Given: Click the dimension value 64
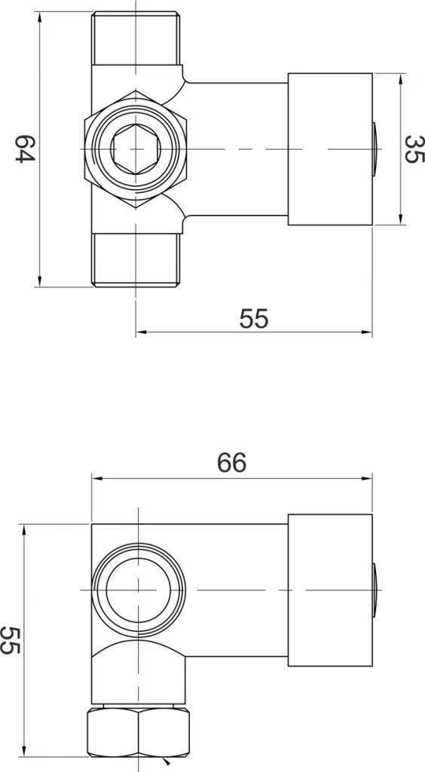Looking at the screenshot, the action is coord(25,149).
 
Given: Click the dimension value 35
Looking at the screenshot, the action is coord(413,149).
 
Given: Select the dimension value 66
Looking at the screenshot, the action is coord(231,463).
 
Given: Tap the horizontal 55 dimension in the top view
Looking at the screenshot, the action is coord(254,319).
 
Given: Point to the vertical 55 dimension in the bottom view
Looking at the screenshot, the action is coord(10,640).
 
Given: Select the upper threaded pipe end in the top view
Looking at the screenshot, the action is coord(136,38).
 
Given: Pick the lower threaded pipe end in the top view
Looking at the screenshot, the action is coord(136,259).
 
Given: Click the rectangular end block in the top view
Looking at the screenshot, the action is coord(330,149).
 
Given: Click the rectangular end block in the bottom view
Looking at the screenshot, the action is coord(330,590).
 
